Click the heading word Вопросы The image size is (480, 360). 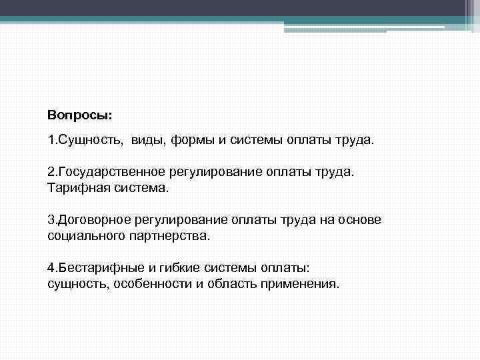pos(80,115)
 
